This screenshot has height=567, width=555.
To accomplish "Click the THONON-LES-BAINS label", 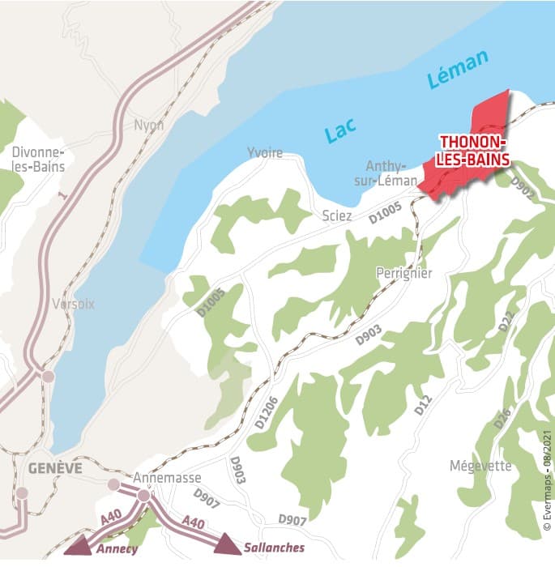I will pyautogui.click(x=475, y=151).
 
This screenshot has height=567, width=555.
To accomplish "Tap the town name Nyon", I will pyautogui.click(x=149, y=126).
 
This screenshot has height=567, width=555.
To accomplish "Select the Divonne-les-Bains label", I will pyautogui.click(x=38, y=160).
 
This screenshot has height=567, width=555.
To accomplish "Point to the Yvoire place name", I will pyautogui.click(x=265, y=153).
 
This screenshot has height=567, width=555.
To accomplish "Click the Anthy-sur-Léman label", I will pyautogui.click(x=386, y=172).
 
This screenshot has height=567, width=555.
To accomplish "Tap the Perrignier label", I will pyautogui.click(x=403, y=274).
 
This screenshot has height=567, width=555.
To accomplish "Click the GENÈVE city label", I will pyautogui.click(x=54, y=468).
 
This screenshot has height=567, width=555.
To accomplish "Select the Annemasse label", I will pyautogui.click(x=167, y=478).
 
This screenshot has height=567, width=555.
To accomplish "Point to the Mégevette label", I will pyautogui.click(x=480, y=466).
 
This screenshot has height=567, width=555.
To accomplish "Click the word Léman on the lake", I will pyautogui.click(x=459, y=70).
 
